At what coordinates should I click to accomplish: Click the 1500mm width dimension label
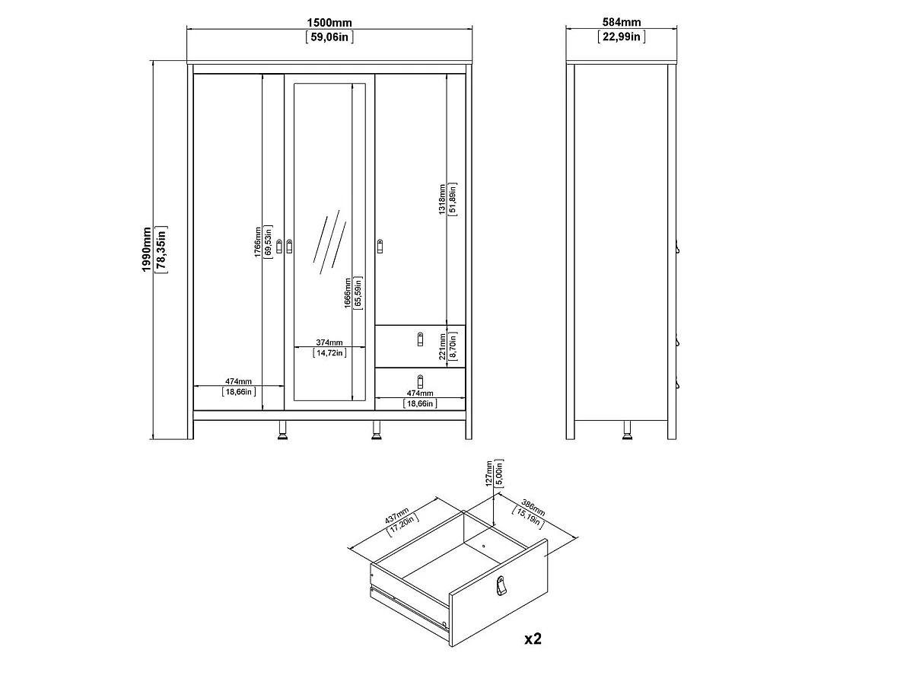tap(329, 24)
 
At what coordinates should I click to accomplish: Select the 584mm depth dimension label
tap(621, 24)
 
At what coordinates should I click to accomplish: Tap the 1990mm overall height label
tap(147, 252)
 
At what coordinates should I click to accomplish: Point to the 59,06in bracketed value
tap(329, 37)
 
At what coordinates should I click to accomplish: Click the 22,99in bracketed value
tap(621, 37)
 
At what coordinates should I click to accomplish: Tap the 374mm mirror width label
tap(329, 342)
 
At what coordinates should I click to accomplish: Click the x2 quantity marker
tap(533, 638)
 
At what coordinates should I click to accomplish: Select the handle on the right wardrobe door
tap(380, 245)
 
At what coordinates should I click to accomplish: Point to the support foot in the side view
tap(628, 431)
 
